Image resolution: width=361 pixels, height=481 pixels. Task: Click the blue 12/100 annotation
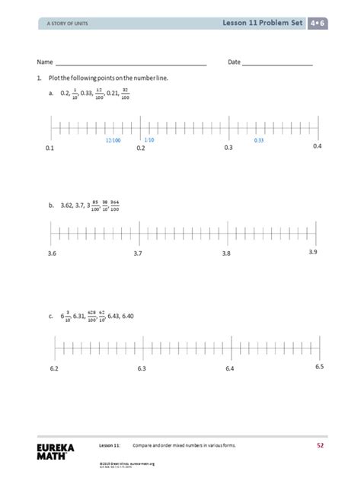[113, 141]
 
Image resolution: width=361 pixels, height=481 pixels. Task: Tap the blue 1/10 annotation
[149, 140]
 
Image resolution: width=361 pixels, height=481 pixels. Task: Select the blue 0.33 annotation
[259, 141]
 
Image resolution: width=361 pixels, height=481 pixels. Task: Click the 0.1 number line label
[51, 148]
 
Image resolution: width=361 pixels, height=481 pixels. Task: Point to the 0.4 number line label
[318, 145]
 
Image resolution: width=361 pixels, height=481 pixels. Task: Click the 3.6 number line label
[51, 253]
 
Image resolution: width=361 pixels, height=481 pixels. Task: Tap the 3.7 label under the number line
[139, 253]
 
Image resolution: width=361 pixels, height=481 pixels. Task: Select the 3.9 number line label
[313, 251]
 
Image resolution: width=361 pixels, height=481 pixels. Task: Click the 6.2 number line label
[55, 369]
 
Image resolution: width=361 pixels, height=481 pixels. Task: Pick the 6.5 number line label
[319, 367]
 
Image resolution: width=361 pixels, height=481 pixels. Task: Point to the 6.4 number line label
[230, 369]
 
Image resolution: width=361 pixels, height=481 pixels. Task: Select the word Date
[235, 62]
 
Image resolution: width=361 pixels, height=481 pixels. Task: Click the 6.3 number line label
[142, 369]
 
